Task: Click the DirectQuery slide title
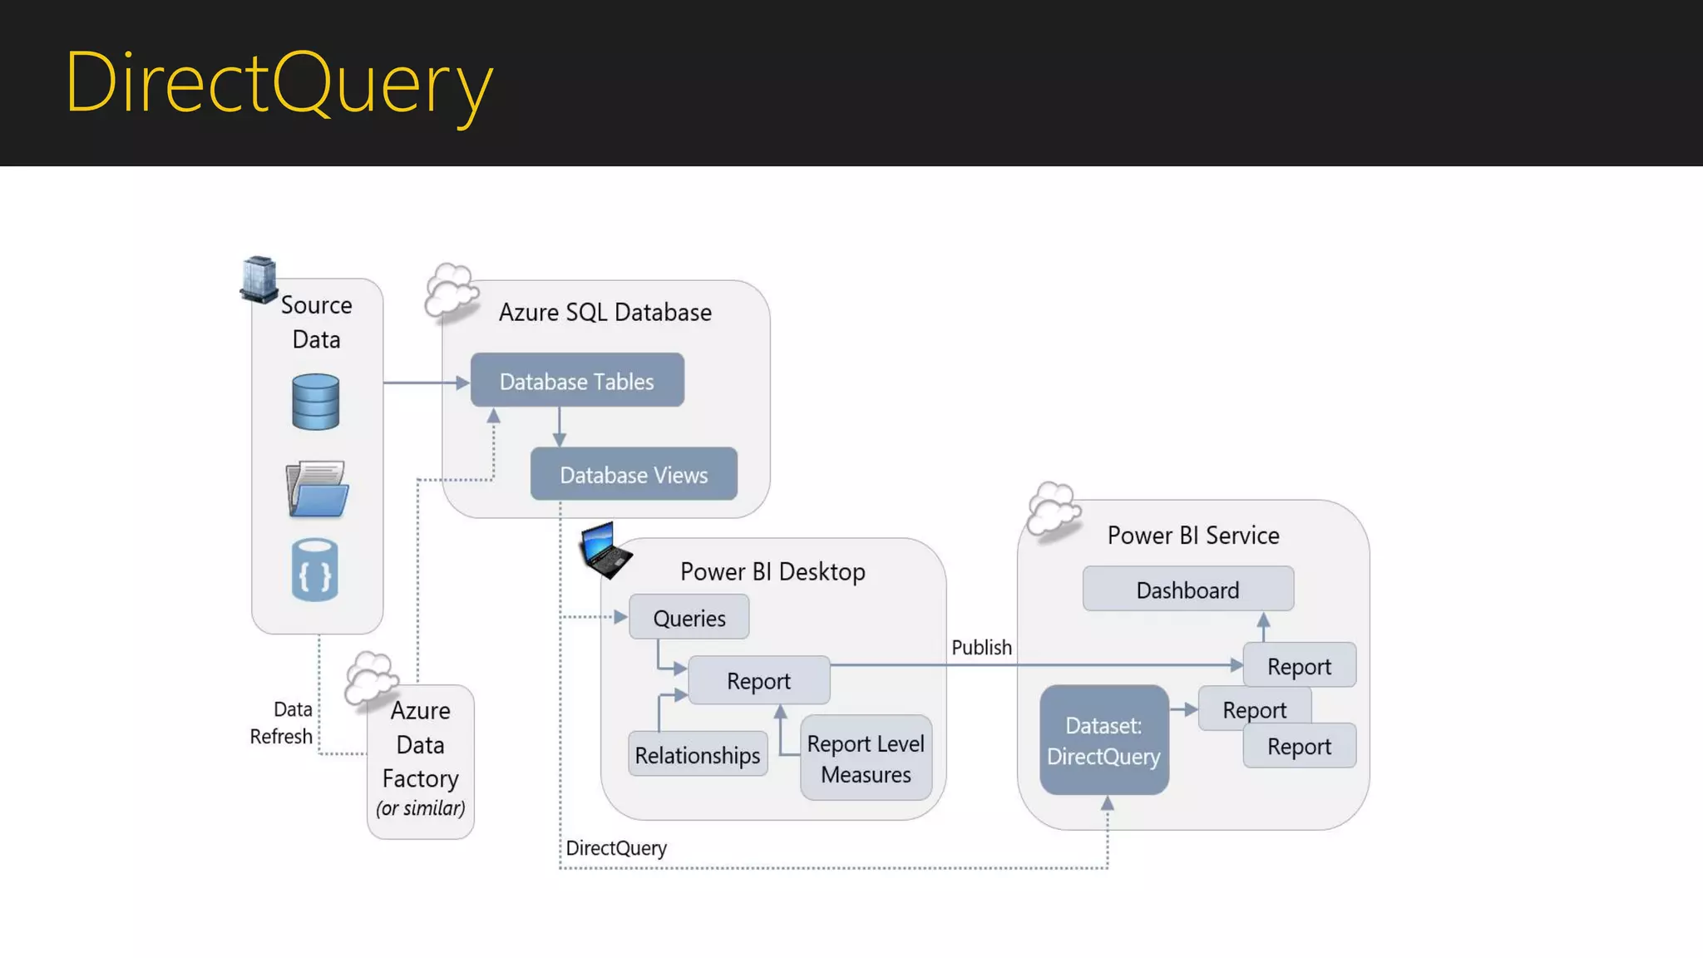(x=279, y=83)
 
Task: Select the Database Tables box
(x=577, y=381)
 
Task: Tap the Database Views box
(x=634, y=475)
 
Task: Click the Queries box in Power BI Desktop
(x=689, y=618)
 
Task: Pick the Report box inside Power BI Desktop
(x=758, y=680)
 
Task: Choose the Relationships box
(x=697, y=755)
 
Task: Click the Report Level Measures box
(x=866, y=758)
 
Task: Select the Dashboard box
(x=1187, y=590)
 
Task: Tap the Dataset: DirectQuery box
(x=1103, y=740)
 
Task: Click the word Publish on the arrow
(x=981, y=647)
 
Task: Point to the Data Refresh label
(x=282, y=723)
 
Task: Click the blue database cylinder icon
(x=316, y=402)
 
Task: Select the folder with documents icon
(x=317, y=490)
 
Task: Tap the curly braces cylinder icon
(x=315, y=570)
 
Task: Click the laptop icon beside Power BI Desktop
(x=605, y=550)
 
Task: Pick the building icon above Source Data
(x=259, y=279)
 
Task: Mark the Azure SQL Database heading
(x=605, y=312)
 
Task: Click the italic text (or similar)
(x=421, y=808)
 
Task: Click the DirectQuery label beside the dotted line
(x=616, y=847)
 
